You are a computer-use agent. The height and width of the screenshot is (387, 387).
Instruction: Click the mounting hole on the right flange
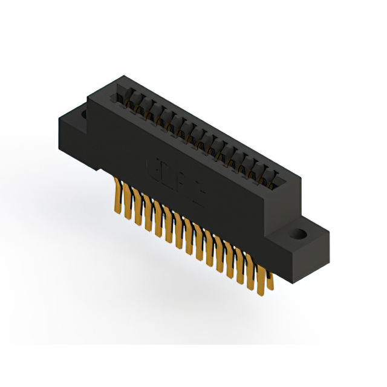(298, 232)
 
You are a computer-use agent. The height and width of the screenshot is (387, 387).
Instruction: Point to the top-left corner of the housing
(89, 97)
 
